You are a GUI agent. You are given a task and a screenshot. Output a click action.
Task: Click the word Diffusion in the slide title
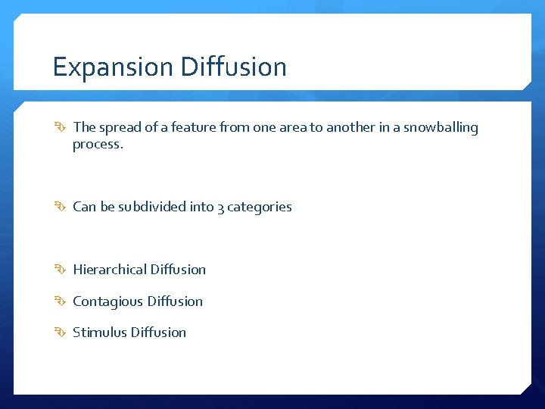(233, 67)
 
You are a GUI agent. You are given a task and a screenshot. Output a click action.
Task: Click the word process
(97, 144)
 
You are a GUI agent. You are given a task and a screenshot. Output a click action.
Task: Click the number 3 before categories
(220, 208)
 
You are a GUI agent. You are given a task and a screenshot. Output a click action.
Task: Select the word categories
(260, 207)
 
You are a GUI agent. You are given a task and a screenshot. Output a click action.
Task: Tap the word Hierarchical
(110, 270)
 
